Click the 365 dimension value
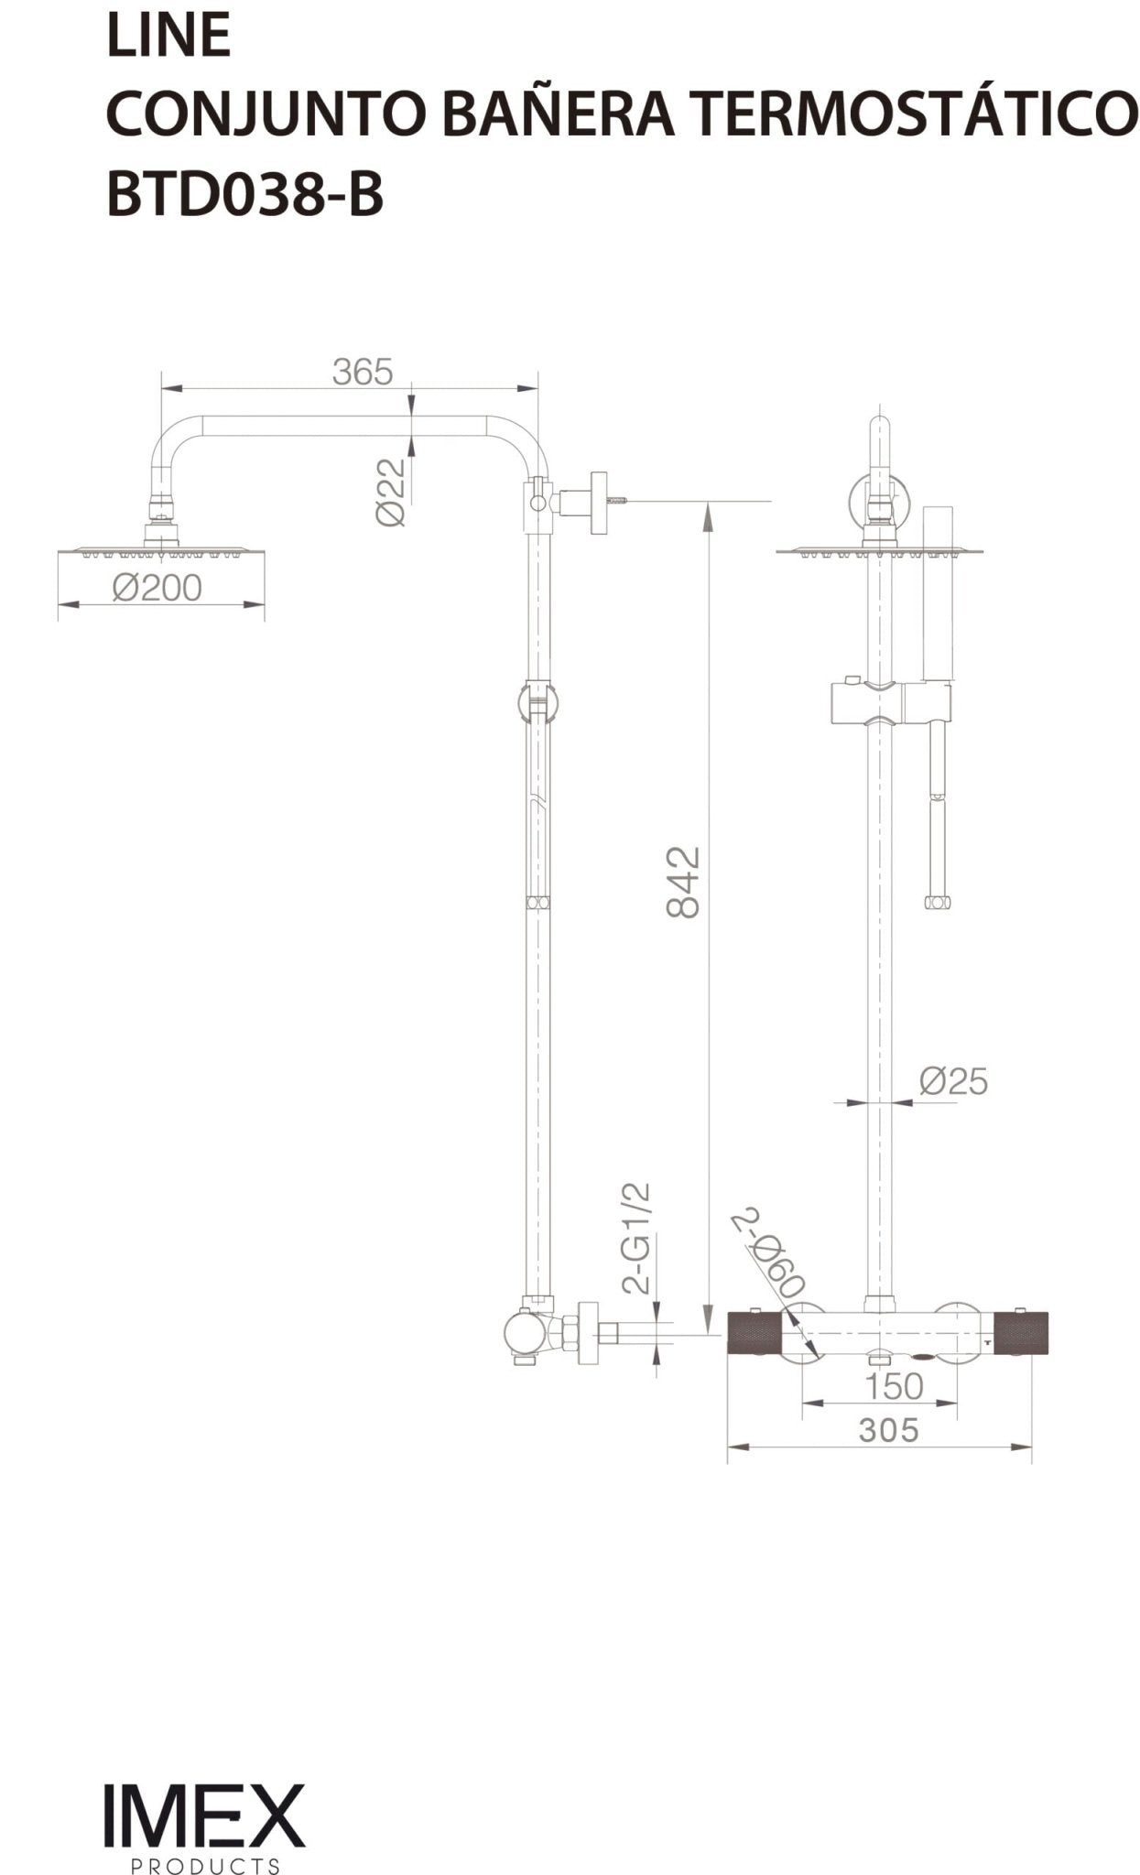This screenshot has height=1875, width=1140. (362, 372)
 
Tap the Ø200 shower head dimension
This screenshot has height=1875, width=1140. (157, 588)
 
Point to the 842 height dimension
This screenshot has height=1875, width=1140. (683, 882)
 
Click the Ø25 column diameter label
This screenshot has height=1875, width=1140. (953, 1081)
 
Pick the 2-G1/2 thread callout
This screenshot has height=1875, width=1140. (636, 1238)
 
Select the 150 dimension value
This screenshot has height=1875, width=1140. (893, 1386)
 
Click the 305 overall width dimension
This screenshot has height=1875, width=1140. (887, 1429)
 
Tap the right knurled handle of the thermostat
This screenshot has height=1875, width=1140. (1020, 1332)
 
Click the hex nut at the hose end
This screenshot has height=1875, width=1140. (937, 903)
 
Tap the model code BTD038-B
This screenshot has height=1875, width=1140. (245, 195)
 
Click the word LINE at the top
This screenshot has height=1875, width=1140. (168, 37)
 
